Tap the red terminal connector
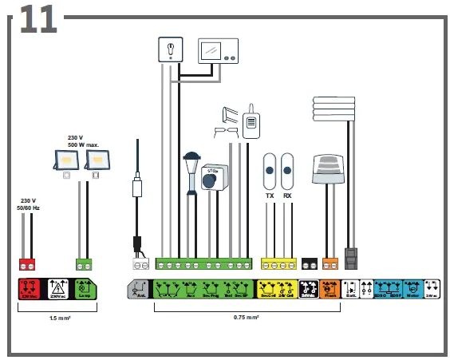coord(29,264)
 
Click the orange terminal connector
coord(330,264)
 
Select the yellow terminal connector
coord(278,264)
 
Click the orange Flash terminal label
coord(330,289)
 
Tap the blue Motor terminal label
coord(413,289)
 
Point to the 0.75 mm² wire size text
coord(246,317)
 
